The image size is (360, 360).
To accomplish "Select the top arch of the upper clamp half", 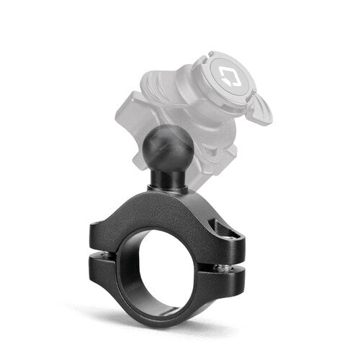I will pyautogui.click(x=173, y=198).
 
